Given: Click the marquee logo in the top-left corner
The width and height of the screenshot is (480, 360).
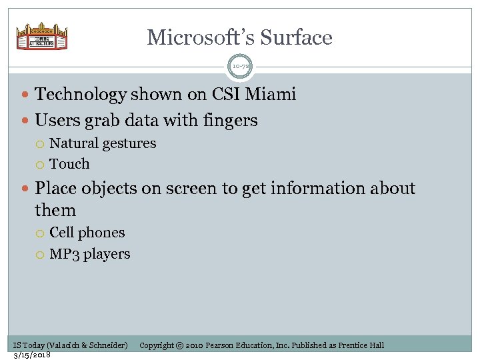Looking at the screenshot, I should [x=42, y=37].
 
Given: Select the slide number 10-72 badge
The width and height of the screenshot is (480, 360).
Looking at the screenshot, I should [x=240, y=67].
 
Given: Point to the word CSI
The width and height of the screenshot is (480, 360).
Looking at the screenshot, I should [x=223, y=95].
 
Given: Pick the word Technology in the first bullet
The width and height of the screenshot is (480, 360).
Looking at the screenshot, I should [x=80, y=95].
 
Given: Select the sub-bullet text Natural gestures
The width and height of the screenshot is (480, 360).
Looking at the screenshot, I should [x=103, y=143].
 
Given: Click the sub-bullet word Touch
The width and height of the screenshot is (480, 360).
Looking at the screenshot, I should [x=69, y=164].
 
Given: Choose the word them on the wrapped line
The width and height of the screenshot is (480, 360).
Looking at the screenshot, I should [x=55, y=211].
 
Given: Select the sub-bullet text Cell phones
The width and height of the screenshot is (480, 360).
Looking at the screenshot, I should [x=87, y=233].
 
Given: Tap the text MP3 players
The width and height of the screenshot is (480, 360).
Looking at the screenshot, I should [x=90, y=254].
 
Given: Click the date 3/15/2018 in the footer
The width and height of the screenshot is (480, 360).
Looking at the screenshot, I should [x=33, y=354].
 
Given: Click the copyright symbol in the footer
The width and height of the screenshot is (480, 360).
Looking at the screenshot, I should [x=181, y=345].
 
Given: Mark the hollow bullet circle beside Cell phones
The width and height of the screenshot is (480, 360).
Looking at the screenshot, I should [x=41, y=233].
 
